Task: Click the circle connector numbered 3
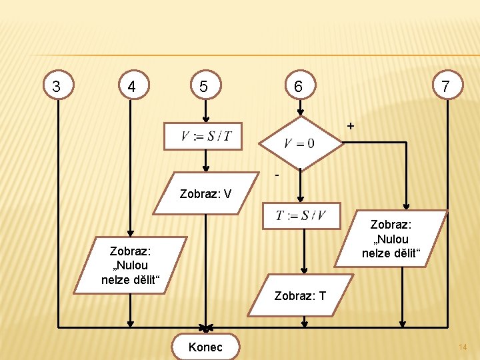coord(57,86)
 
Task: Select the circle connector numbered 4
coord(132,86)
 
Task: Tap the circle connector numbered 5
coord(204,86)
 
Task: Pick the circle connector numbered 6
coord(299,86)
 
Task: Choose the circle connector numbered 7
coord(445,85)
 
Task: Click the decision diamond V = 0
coord(299,143)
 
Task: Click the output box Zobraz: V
coord(206,193)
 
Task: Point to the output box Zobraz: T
coord(301,295)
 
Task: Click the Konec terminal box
coord(205,347)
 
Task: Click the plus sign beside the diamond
coord(351,126)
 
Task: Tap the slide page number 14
coord(463,347)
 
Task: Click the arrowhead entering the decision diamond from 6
coord(300,112)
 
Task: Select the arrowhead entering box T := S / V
coord(301,199)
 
